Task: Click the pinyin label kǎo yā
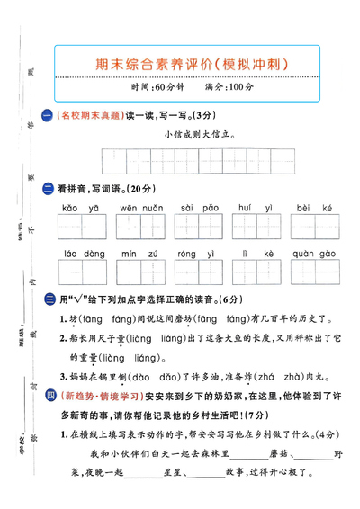click(81, 208)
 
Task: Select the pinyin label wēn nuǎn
click(139, 208)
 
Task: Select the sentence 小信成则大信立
click(200, 134)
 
